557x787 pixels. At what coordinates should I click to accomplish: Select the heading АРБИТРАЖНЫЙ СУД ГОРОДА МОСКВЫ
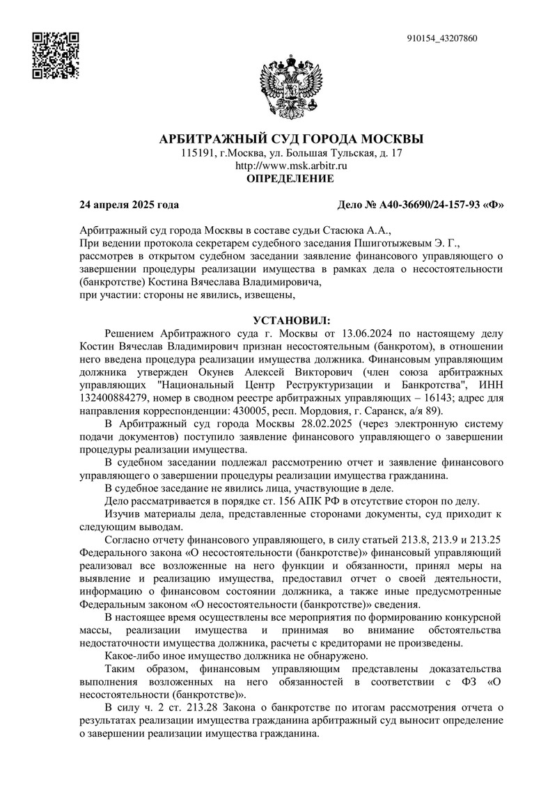(x=291, y=138)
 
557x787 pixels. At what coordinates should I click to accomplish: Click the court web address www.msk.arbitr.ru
(x=291, y=166)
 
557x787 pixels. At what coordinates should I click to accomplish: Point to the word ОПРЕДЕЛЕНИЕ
(x=291, y=179)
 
